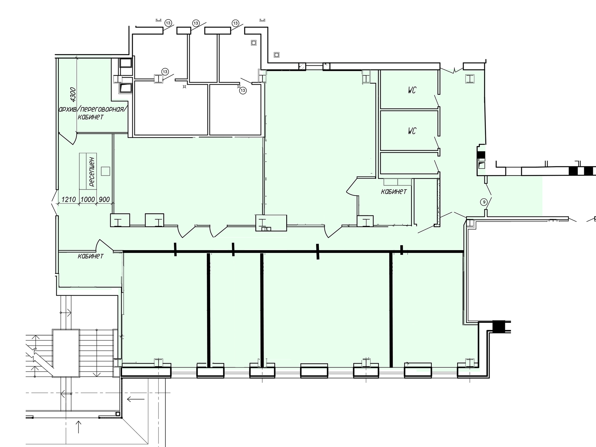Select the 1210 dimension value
(x=68, y=199)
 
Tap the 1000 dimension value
(x=88, y=199)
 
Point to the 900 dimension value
(x=104, y=199)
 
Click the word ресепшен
(x=92, y=172)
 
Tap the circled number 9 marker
(x=484, y=202)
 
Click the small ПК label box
(x=266, y=229)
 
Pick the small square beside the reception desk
(x=105, y=171)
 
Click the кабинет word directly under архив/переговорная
(x=91, y=117)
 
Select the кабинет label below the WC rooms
(x=394, y=192)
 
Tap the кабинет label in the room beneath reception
(x=91, y=256)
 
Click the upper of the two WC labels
(x=412, y=90)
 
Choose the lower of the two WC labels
(x=412, y=131)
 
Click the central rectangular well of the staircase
(x=66, y=353)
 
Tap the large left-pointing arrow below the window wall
(x=136, y=399)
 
